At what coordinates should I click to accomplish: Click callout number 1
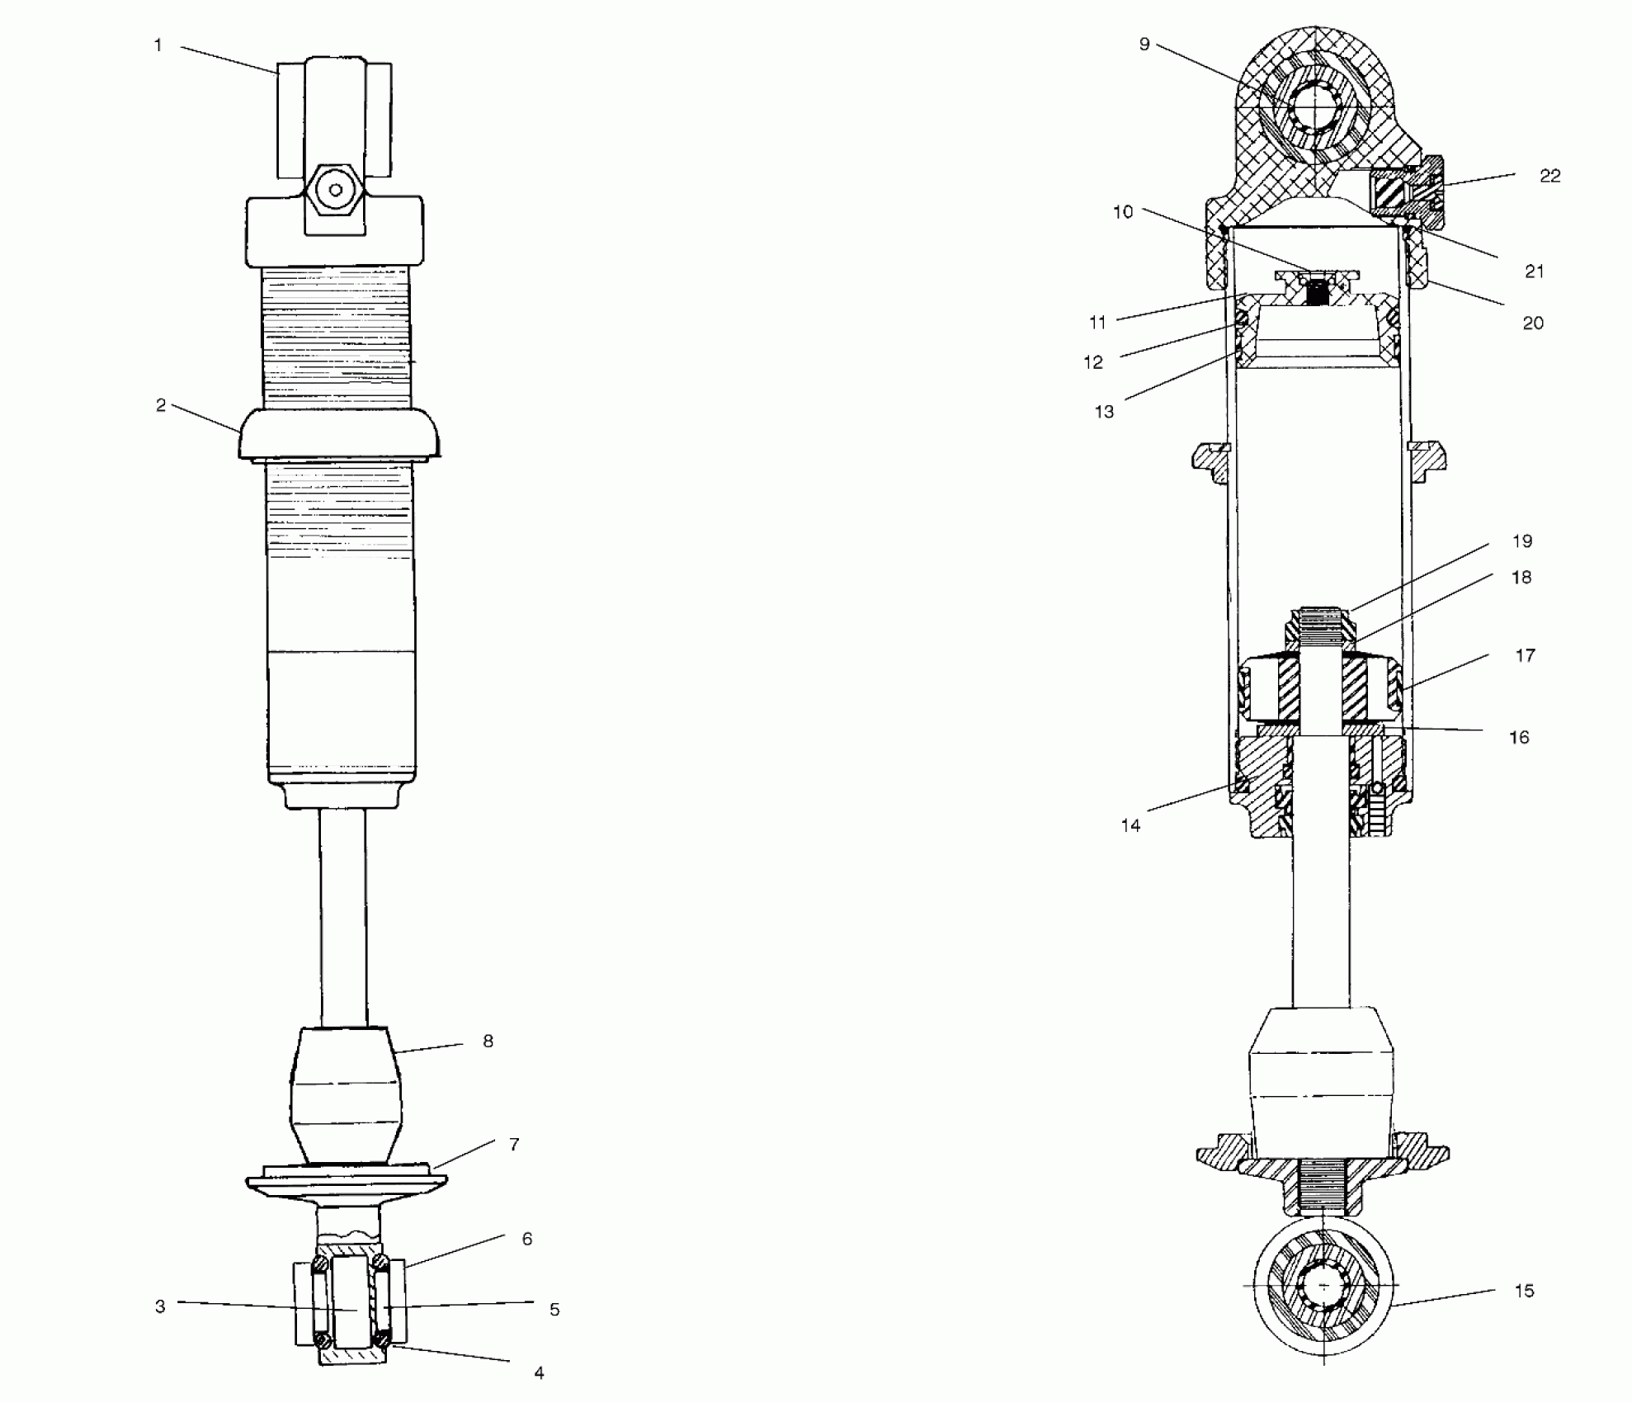pyautogui.click(x=158, y=45)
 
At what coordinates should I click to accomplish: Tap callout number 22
pyautogui.click(x=1549, y=176)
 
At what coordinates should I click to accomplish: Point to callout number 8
pyautogui.click(x=488, y=1042)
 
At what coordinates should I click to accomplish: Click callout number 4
pyautogui.click(x=539, y=1372)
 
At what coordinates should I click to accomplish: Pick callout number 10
pyautogui.click(x=1123, y=212)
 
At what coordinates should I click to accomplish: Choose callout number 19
pyautogui.click(x=1522, y=541)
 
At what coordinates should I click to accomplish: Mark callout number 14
pyautogui.click(x=1130, y=825)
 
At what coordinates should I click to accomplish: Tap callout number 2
pyautogui.click(x=161, y=405)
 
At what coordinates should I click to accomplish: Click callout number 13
pyautogui.click(x=1104, y=412)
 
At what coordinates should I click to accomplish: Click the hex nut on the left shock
pyautogui.click(x=335, y=190)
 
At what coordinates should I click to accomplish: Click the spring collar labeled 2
pyautogui.click(x=339, y=435)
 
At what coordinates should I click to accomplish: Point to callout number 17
pyautogui.click(x=1525, y=655)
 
